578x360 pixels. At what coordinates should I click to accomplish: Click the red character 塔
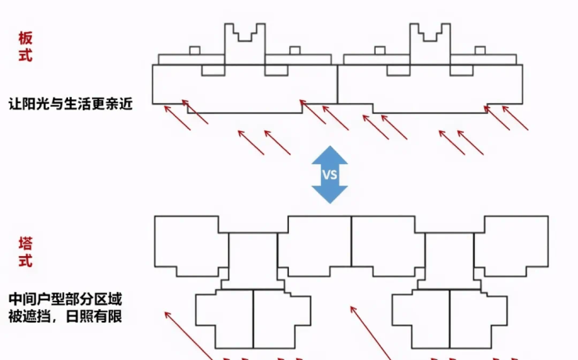pos(26,244)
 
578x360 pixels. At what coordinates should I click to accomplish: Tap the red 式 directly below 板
pos(26,55)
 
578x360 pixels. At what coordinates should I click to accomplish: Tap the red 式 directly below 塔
pos(26,262)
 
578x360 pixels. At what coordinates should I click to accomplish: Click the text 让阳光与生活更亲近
pos(66,102)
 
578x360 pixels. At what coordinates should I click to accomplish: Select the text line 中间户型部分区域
pos(66,299)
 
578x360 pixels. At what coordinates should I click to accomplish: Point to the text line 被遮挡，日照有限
pos(66,317)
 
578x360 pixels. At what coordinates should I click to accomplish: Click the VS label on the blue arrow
pos(330,174)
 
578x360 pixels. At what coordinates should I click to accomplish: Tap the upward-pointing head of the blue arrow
pos(330,154)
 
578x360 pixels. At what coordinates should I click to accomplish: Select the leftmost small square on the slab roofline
pos(194,51)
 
